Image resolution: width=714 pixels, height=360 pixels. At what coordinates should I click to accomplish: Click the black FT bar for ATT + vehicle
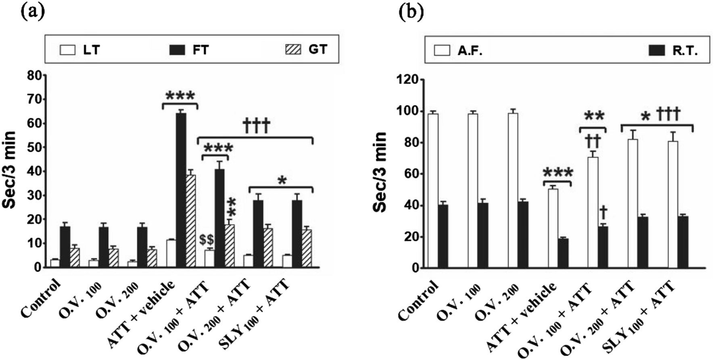pyautogui.click(x=181, y=189)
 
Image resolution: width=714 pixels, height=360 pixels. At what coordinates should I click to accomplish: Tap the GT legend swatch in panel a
pyautogui.click(x=293, y=50)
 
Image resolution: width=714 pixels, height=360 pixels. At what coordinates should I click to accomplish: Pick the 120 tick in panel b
pyautogui.click(x=406, y=80)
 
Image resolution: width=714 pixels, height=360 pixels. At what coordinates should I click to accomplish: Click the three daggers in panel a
pyautogui.click(x=256, y=126)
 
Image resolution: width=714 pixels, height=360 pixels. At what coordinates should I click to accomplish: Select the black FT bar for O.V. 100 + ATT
pyautogui.click(x=219, y=218)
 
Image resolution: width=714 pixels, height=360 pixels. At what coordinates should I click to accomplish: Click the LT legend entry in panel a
pyautogui.click(x=79, y=50)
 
